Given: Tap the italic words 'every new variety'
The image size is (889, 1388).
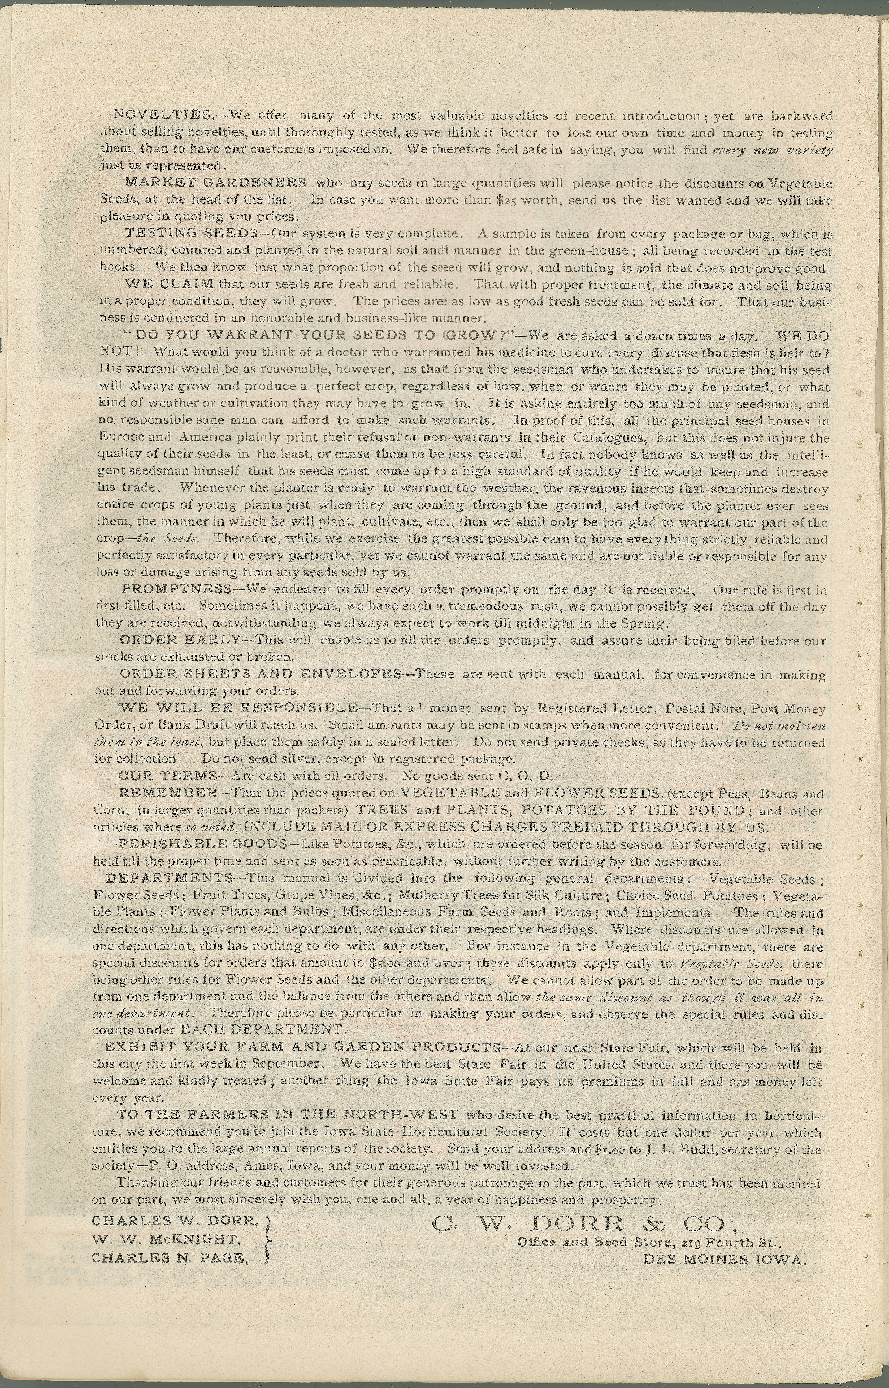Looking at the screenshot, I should pyautogui.click(x=772, y=150).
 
